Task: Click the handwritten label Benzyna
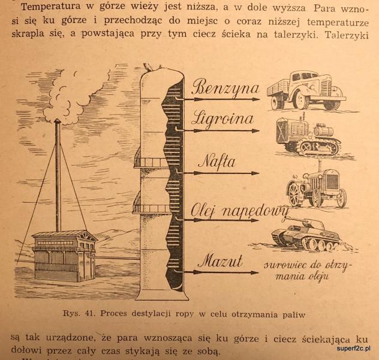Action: [225, 87]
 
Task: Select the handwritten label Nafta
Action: [216, 161]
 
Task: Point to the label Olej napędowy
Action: [239, 211]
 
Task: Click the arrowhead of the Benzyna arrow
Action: [256, 99]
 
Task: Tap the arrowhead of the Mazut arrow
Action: [255, 272]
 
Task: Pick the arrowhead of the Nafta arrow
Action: [255, 173]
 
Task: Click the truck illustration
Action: [306, 91]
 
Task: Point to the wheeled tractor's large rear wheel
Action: [293, 193]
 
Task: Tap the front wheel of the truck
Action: [300, 100]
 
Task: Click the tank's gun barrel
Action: [295, 219]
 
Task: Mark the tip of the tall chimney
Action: [58, 119]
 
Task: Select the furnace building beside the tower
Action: [64, 255]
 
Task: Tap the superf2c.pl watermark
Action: [354, 349]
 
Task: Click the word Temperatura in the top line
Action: [51, 7]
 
